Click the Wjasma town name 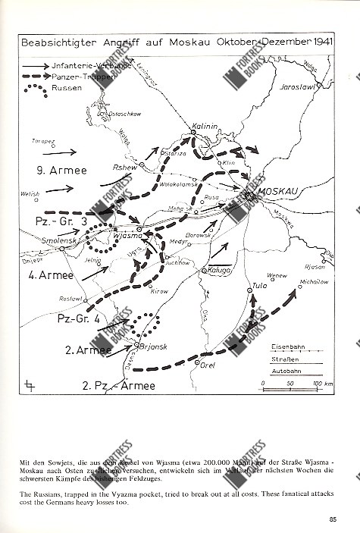coord(127,235)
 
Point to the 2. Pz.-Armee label coord(118,385)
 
